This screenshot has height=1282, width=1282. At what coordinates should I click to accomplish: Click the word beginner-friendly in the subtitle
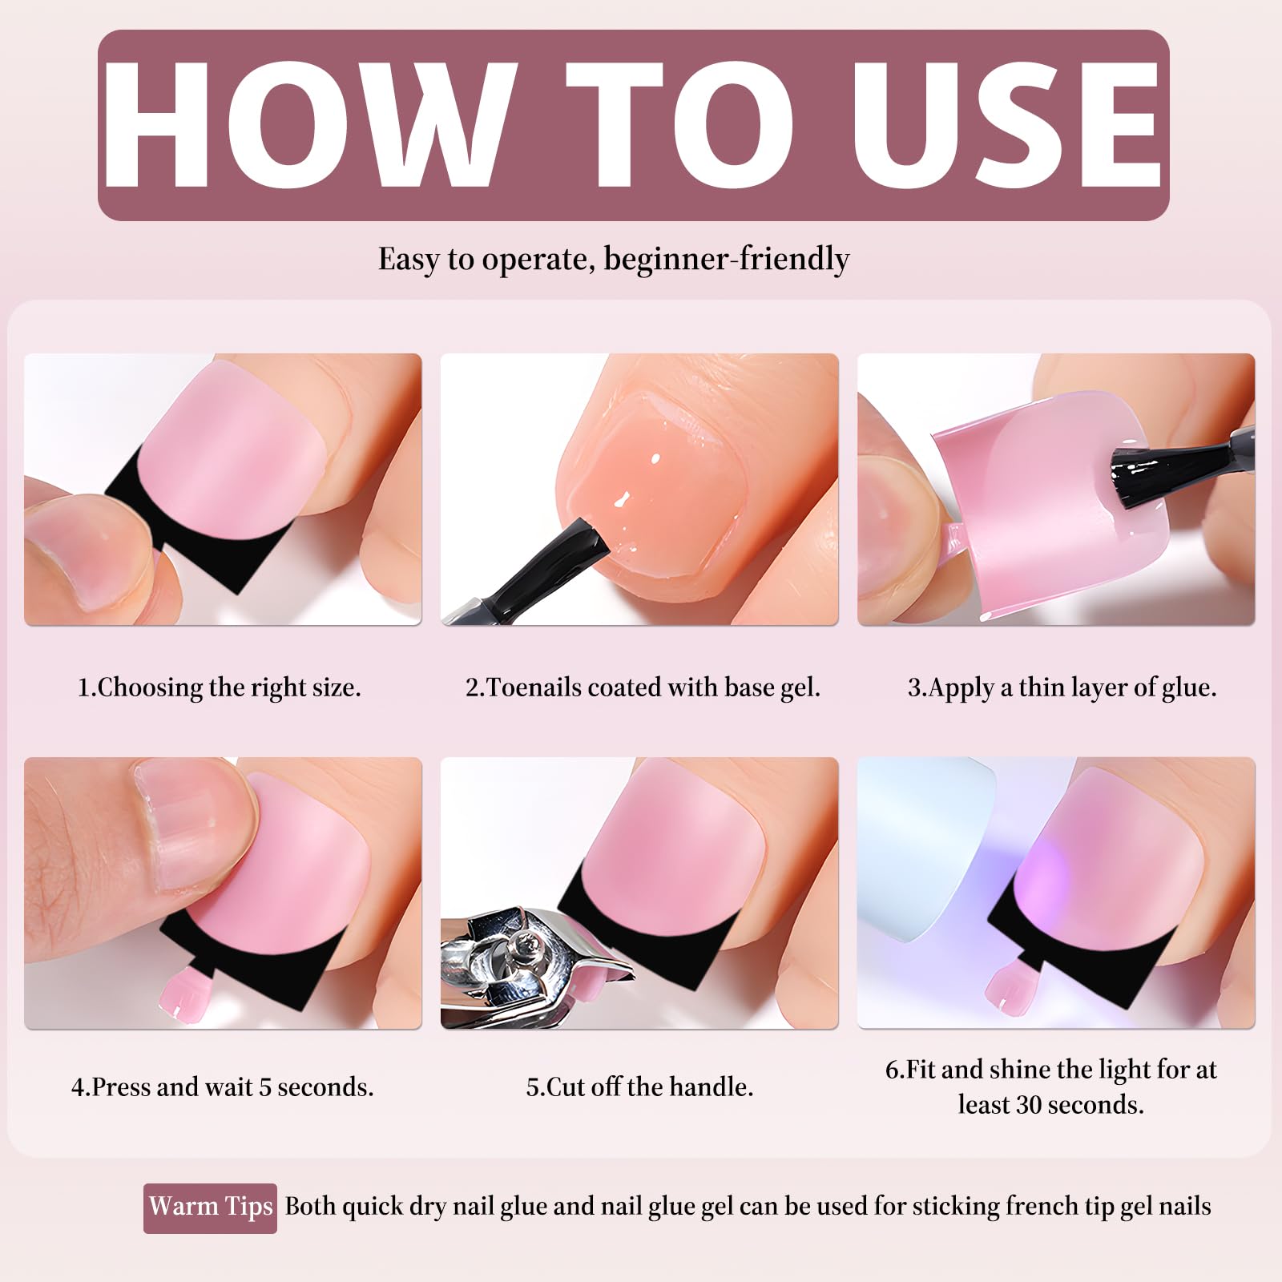tap(726, 260)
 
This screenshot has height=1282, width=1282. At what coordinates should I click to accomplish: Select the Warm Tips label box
tap(210, 1207)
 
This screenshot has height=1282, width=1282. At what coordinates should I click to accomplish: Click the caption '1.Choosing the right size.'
tap(219, 687)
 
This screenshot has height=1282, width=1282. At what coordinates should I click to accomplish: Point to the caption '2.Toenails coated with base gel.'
tap(643, 687)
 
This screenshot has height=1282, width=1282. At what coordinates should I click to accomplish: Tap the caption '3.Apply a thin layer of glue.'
tap(1062, 687)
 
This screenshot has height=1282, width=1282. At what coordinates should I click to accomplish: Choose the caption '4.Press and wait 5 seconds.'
tap(222, 1086)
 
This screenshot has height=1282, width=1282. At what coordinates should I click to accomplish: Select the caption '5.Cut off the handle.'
tap(639, 1086)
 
